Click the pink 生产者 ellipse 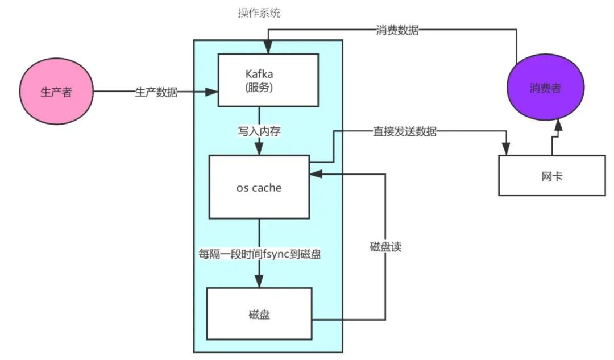coord(56,92)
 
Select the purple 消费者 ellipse coord(544,88)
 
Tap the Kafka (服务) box coord(268,80)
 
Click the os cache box coord(259,187)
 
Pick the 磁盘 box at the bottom coord(259,313)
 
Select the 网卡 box coord(551,176)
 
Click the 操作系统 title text coord(259,14)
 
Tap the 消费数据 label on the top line coord(397,31)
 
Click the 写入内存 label coord(259,131)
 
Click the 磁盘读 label coord(385,247)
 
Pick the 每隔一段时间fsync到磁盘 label coord(259,254)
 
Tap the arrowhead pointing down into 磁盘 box coord(259,282)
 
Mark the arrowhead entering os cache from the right coord(316,174)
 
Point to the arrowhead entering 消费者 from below coord(559,125)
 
